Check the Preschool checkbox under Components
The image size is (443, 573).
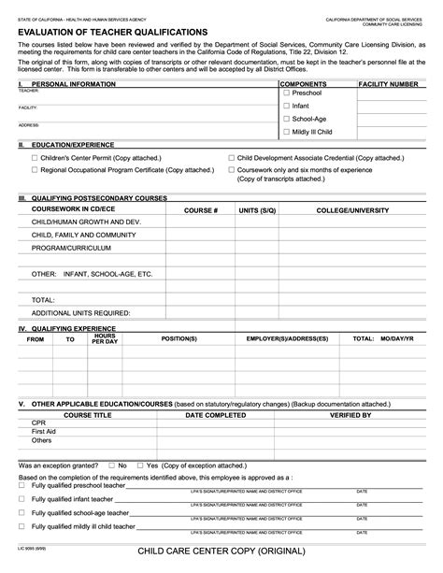(x=287, y=93)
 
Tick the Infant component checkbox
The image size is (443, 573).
(x=287, y=107)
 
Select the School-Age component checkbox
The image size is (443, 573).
(x=287, y=120)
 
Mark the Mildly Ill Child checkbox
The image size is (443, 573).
(x=287, y=133)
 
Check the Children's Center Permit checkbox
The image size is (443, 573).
(x=35, y=159)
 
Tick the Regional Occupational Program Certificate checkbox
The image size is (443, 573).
(x=35, y=171)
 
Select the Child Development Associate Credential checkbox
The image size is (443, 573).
(x=232, y=159)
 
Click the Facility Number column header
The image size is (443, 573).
(x=389, y=84)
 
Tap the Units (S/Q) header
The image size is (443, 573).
(x=257, y=211)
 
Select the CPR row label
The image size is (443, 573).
(x=38, y=423)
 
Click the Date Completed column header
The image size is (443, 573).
(x=216, y=414)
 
